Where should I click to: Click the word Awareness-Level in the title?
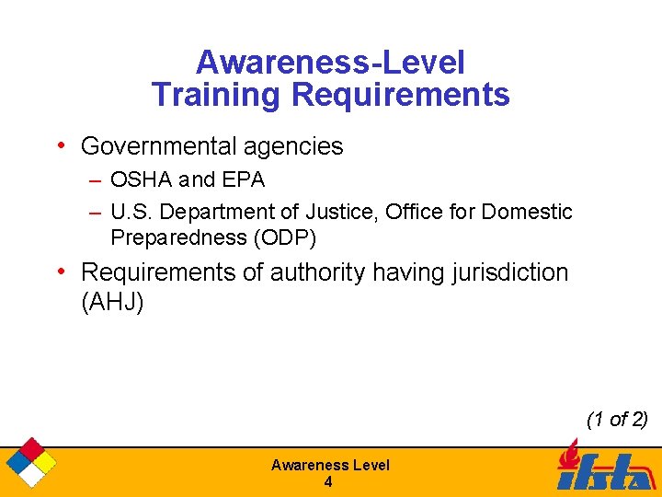point(330,63)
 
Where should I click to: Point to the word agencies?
point(296,146)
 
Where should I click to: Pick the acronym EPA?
point(243,179)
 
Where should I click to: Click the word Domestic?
point(527,213)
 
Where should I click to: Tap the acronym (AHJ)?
point(112,303)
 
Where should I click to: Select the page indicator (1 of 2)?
point(617,420)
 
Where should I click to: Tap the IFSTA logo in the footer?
point(602,468)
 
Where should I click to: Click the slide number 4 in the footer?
point(328,482)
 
